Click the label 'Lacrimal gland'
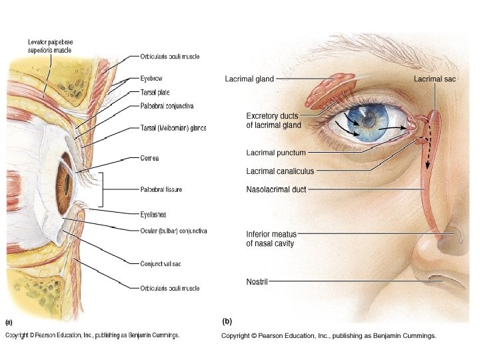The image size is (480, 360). click(249, 79)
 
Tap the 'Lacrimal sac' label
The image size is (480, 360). click(435, 79)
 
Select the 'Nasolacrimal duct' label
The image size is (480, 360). click(276, 190)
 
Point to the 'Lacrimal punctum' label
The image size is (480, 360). click(276, 153)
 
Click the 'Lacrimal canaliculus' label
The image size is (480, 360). click(280, 171)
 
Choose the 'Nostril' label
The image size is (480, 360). click(257, 282)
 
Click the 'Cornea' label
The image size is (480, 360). click(149, 159)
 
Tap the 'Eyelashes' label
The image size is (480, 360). click(153, 215)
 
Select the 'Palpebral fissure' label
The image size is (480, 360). click(161, 190)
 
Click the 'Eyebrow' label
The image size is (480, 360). click(151, 78)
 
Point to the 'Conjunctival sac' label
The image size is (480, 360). click(161, 264)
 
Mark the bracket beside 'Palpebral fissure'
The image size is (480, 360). click(102, 190)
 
